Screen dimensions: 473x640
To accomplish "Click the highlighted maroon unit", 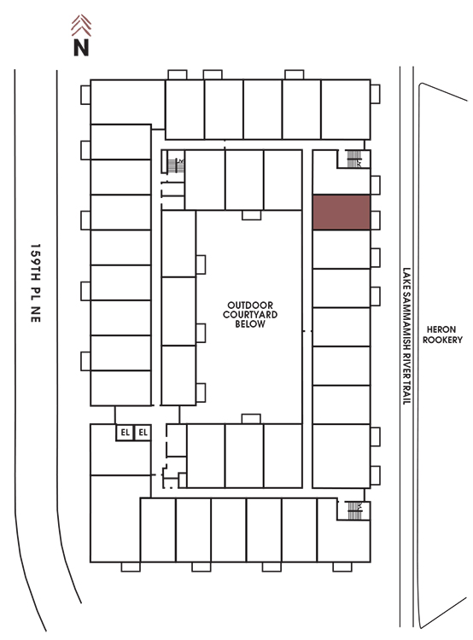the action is (342, 212).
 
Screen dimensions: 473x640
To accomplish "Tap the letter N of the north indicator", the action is (81, 47).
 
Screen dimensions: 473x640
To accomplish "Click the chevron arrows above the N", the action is (81, 26).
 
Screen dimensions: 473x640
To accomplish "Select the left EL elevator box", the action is (125, 433).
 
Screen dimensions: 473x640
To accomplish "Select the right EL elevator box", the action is (143, 433).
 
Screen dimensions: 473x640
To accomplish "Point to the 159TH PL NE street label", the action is (36, 283).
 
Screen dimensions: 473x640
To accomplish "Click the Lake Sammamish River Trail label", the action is (406, 336).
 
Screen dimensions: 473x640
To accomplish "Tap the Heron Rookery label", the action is (442, 335).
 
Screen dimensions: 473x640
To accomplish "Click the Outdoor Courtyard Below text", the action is (250, 315).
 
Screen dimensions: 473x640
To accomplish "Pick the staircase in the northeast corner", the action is (353, 159).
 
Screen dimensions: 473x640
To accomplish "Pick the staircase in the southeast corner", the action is (354, 510).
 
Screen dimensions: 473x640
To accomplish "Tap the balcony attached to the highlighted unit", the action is (376, 220).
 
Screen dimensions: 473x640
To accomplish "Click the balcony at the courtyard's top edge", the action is (251, 215).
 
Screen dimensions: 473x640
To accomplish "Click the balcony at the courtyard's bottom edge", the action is (251, 419).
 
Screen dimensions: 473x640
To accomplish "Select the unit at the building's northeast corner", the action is (346, 109).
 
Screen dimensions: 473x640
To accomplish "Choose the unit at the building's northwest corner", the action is (127, 102).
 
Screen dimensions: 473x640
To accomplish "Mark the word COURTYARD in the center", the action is (250, 315).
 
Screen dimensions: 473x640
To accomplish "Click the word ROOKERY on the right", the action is (442, 340).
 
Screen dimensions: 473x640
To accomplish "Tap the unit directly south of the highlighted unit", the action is (342, 249).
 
